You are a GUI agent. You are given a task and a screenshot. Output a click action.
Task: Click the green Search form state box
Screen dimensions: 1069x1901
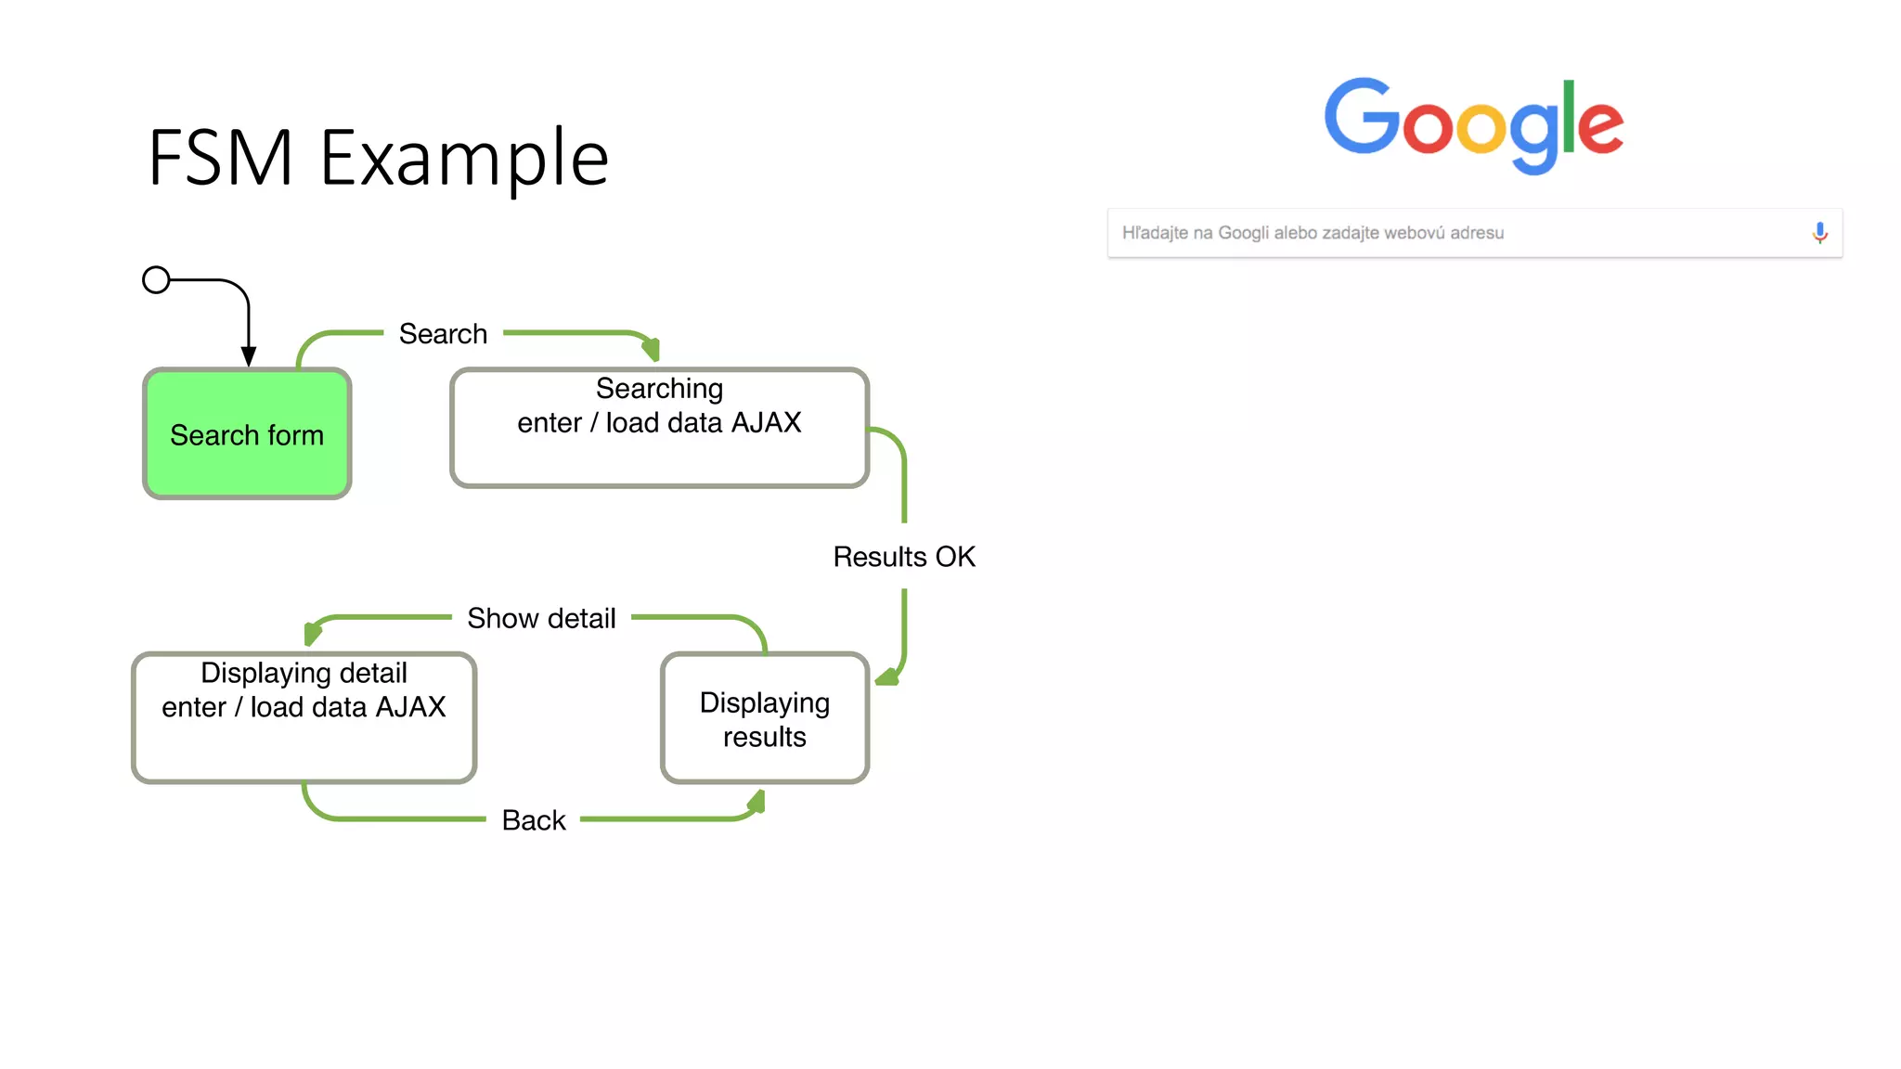click(x=247, y=434)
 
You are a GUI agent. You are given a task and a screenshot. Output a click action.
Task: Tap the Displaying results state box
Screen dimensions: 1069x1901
click(x=764, y=719)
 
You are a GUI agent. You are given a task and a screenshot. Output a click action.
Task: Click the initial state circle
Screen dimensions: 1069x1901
click(x=156, y=279)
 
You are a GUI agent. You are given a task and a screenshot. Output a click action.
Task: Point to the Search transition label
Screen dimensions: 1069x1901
click(x=443, y=334)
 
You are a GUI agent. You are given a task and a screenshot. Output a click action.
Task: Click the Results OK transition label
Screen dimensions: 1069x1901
click(x=903, y=557)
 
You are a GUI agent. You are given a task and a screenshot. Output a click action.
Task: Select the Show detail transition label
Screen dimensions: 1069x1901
click(x=541, y=618)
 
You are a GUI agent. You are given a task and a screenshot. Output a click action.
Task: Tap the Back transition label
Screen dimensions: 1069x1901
click(x=534, y=820)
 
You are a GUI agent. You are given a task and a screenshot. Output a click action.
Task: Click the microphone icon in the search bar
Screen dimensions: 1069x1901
click(x=1819, y=233)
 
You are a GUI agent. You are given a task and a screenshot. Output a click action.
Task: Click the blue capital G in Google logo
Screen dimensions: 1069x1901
click(x=1362, y=117)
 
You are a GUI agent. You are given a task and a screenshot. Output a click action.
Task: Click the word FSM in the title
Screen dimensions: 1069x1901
click(x=221, y=159)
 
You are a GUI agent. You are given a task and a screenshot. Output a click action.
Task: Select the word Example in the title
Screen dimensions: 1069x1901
click(x=464, y=159)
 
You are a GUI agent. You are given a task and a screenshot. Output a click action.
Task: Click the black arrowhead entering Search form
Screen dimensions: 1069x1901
click(x=249, y=356)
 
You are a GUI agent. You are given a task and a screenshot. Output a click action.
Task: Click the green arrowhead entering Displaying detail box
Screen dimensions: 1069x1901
click(x=312, y=634)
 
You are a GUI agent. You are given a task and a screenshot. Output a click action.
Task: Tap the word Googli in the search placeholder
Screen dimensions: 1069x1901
click(x=1243, y=233)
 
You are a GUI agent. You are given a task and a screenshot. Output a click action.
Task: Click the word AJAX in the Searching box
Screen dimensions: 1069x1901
click(x=766, y=423)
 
